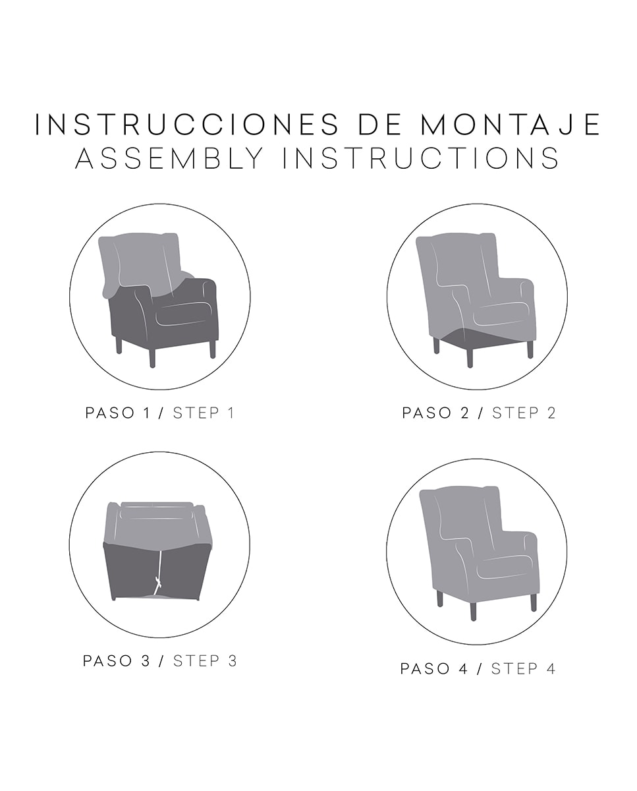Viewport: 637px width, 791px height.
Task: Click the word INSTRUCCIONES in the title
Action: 186,125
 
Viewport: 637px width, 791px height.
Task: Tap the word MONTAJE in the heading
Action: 511,125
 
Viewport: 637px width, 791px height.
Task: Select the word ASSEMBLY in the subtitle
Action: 169,158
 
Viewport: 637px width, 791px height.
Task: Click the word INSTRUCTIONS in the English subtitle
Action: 421,158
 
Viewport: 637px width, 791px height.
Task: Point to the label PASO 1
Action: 118,413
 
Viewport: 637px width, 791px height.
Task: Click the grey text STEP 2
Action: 524,413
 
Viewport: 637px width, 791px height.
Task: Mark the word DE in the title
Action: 379,125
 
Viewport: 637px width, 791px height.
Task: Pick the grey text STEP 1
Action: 204,413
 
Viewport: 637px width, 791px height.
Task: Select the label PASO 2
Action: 435,413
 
